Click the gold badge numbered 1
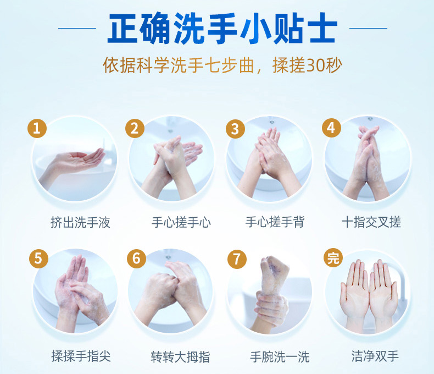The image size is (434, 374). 37,128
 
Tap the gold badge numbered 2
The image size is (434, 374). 135,128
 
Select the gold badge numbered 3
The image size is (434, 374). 235,129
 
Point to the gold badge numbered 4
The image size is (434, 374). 331,128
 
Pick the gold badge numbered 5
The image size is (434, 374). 38,258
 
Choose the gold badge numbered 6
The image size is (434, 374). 136,258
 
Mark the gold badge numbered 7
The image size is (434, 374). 237,259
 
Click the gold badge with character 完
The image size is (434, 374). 333,257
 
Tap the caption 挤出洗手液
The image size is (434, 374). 80,222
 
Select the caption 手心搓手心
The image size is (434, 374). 181,222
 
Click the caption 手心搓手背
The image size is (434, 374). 275,222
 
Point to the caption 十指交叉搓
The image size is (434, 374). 371,222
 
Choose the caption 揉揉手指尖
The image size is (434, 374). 81,356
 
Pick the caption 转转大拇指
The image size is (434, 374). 180,356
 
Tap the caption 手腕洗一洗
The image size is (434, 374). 280,356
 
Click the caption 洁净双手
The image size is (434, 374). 375,356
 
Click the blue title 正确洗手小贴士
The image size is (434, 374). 222,28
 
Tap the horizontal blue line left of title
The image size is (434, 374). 77,28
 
